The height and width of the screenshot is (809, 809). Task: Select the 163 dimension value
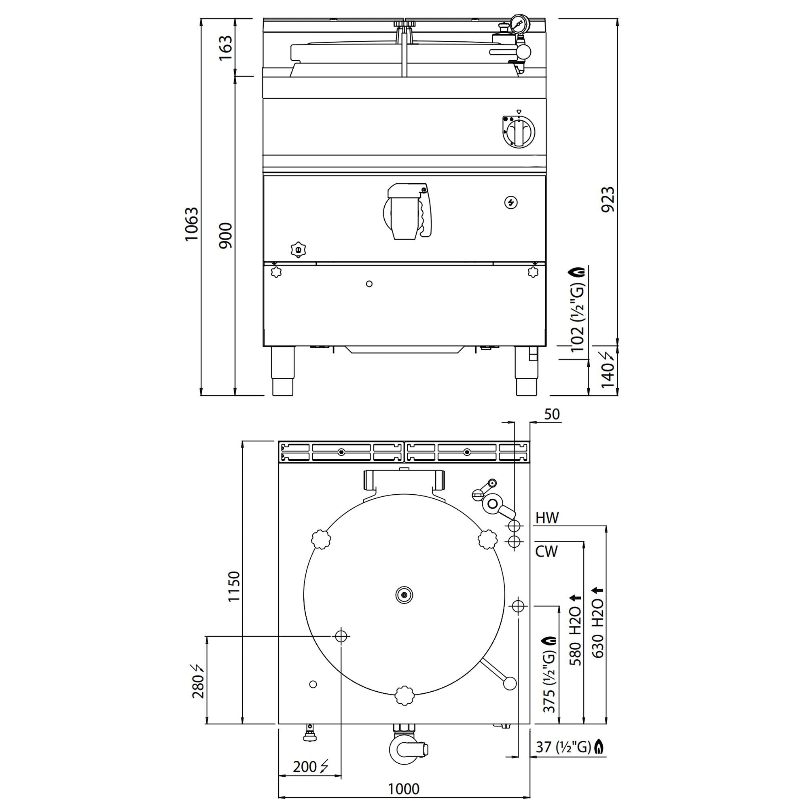(x=225, y=48)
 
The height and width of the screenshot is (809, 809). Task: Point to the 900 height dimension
(x=225, y=236)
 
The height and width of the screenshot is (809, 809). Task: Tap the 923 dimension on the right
(x=608, y=200)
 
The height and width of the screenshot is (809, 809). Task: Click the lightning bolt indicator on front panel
(x=511, y=203)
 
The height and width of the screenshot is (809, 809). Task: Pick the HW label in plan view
(x=547, y=518)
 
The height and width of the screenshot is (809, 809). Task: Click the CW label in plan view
(x=546, y=551)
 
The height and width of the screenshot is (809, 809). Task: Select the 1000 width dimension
(x=404, y=789)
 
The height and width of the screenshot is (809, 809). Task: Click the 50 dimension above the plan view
(x=552, y=414)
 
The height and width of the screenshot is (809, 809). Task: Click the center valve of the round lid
(x=404, y=595)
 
